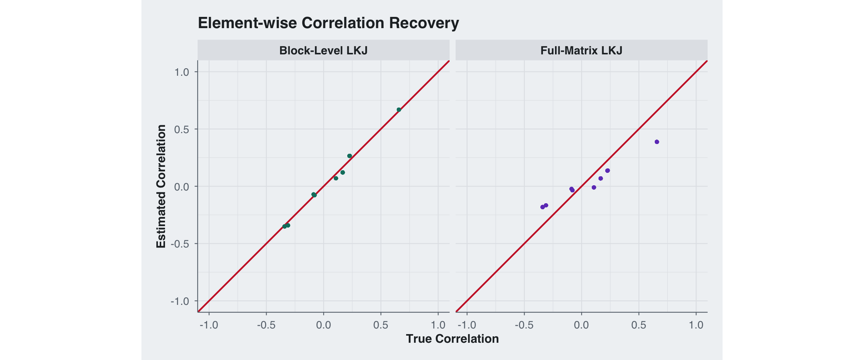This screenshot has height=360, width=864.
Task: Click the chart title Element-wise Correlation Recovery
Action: tap(328, 23)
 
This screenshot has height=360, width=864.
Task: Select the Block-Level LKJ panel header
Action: tap(323, 50)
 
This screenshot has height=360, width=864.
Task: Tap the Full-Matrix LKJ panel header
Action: tap(581, 50)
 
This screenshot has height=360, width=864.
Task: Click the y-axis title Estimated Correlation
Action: tap(161, 186)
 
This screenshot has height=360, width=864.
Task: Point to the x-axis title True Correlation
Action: tap(452, 339)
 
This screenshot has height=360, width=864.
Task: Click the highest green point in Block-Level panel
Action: tap(399, 110)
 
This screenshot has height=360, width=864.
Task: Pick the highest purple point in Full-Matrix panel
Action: tap(657, 142)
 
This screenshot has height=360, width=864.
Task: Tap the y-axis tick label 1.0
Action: tap(181, 72)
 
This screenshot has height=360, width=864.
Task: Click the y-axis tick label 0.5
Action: tap(181, 129)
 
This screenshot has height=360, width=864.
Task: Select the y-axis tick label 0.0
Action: tap(181, 187)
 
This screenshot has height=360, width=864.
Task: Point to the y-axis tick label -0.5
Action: tap(180, 244)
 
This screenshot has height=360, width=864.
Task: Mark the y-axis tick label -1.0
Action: tap(180, 301)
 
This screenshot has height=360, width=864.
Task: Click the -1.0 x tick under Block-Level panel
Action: tap(209, 325)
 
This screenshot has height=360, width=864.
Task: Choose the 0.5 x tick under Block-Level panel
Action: tap(381, 325)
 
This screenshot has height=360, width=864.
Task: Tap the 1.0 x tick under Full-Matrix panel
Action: tap(696, 325)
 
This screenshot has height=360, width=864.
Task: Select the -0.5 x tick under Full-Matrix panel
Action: tap(524, 325)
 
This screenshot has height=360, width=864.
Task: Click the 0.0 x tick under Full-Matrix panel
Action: tap(581, 325)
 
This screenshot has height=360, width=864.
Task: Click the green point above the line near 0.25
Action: tap(349, 156)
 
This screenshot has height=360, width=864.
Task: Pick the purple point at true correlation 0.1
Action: tap(594, 187)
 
